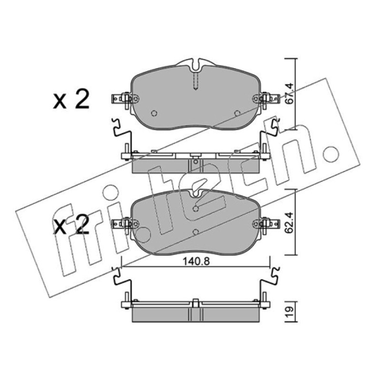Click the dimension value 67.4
[x=290, y=93]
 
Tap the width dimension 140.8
[x=196, y=261]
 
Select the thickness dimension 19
[x=291, y=312]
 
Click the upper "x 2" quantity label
[x=71, y=100]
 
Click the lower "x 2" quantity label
[x=71, y=225]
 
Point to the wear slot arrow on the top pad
[x=196, y=81]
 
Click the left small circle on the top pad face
[x=154, y=113]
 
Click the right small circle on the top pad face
[x=237, y=113]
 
